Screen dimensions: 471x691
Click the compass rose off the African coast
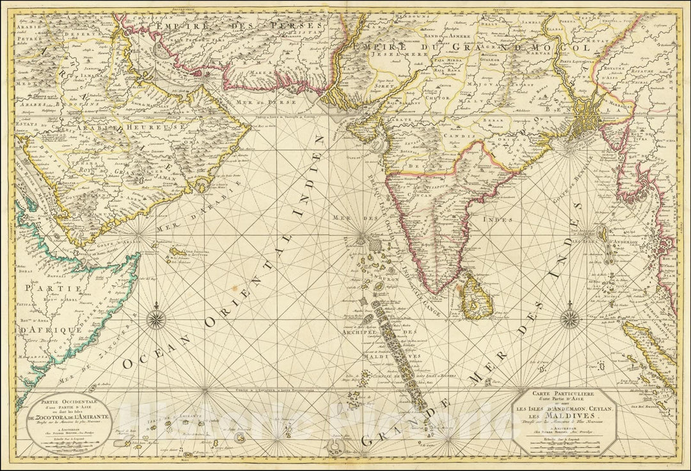[158, 318]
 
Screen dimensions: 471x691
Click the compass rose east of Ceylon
[569, 318]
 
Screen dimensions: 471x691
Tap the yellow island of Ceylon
[476, 287]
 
